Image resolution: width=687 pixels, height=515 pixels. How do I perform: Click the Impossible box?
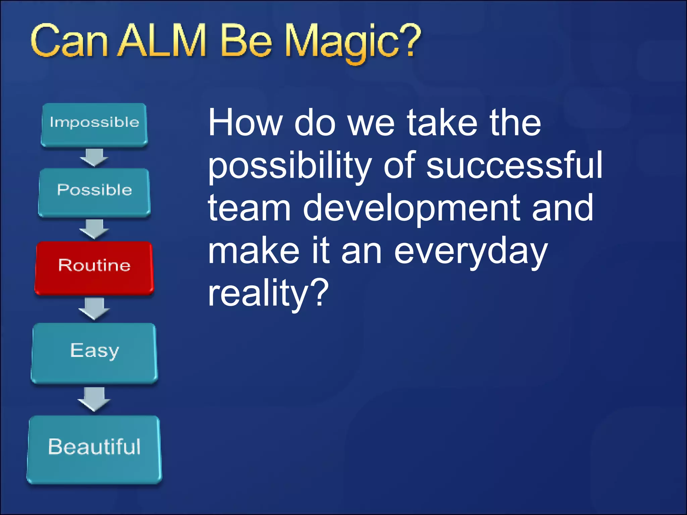(x=94, y=124)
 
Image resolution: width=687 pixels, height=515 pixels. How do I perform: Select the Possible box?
(x=94, y=192)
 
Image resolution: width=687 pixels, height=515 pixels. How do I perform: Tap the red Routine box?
(x=94, y=267)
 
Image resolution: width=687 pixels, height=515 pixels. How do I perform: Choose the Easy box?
(x=94, y=352)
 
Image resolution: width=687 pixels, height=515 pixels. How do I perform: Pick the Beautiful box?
(x=94, y=449)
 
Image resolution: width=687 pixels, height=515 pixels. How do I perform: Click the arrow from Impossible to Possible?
(x=94, y=157)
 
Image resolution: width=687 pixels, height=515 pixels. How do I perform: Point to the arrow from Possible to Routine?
(x=94, y=229)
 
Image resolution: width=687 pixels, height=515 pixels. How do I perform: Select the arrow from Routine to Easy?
(x=94, y=308)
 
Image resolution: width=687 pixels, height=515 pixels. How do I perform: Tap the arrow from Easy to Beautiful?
(x=94, y=399)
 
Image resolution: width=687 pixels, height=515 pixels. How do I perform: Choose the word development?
(x=412, y=208)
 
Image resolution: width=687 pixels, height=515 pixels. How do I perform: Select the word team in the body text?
(x=249, y=208)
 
